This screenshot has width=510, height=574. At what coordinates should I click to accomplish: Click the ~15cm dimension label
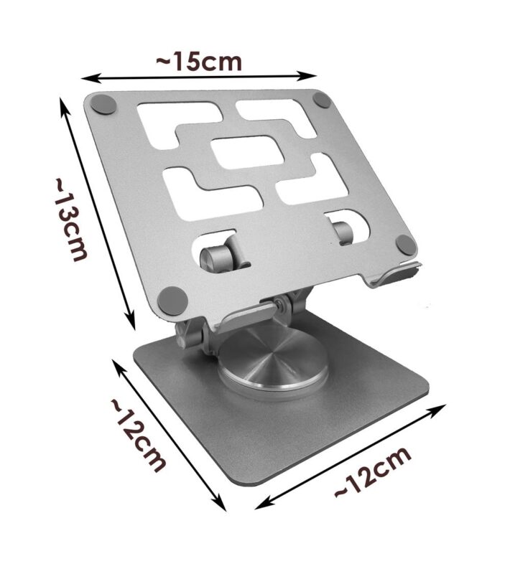click(x=199, y=62)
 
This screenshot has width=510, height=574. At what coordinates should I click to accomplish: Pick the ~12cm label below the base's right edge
click(x=373, y=472)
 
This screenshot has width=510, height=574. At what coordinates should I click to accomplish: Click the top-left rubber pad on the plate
click(x=103, y=104)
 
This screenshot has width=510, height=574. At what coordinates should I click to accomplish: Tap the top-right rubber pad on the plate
click(x=323, y=100)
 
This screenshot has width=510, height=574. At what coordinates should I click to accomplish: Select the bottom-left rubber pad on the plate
click(x=172, y=301)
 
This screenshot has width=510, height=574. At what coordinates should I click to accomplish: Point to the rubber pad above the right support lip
click(x=406, y=245)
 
